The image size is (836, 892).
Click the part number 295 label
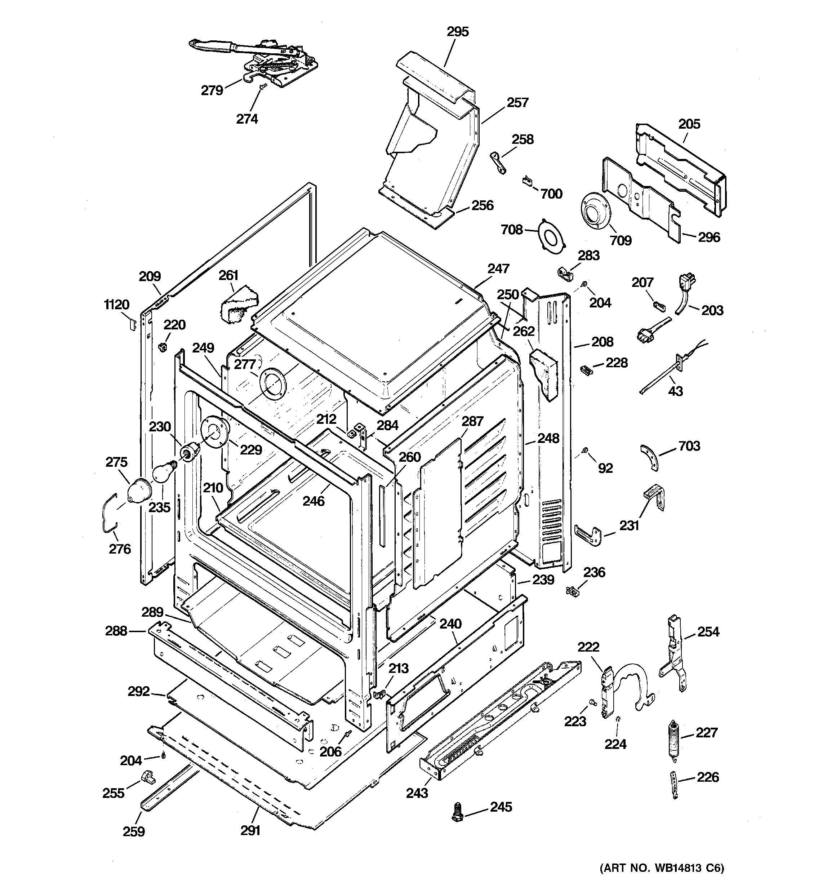[x=458, y=32]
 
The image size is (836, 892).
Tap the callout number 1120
[x=117, y=305]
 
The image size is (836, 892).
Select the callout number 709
[x=621, y=240]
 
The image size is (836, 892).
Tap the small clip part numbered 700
[x=528, y=181]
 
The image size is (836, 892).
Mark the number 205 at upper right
[x=689, y=124]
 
